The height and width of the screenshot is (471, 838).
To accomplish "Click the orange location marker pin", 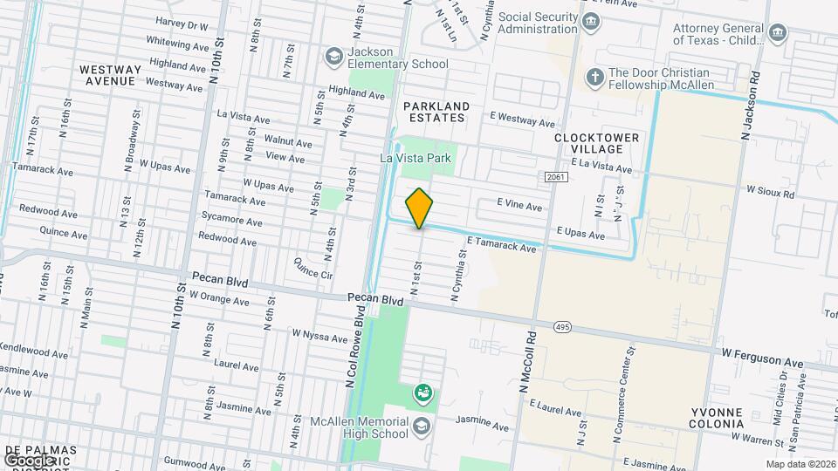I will point(419,208).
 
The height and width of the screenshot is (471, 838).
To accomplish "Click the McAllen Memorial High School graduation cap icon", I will point(422,426).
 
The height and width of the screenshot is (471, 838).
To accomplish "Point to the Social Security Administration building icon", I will point(591,21).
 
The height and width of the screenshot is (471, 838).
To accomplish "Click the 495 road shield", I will point(562,326).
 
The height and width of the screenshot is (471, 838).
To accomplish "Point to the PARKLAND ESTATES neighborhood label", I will point(436,112).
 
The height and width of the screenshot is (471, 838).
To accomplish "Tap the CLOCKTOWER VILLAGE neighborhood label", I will point(597,143).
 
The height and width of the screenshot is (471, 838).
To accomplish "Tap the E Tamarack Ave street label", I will point(501,245).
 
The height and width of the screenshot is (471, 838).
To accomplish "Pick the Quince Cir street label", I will point(314,266).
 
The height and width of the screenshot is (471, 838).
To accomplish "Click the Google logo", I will point(29,460).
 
